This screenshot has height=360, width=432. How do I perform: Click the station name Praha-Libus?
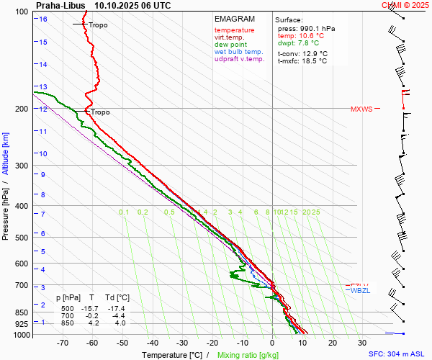click(x=60, y=5)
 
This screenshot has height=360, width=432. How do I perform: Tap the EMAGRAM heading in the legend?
click(x=235, y=19)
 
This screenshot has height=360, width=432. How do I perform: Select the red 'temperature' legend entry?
click(x=234, y=30)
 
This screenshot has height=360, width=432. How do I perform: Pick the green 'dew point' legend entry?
click(x=231, y=45)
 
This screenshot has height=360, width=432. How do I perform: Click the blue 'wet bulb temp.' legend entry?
click(x=239, y=52)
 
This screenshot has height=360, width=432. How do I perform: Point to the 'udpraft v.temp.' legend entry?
click(x=239, y=59)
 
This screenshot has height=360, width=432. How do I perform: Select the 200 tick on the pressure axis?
click(x=22, y=109)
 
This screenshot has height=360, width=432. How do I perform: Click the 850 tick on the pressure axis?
click(x=22, y=312)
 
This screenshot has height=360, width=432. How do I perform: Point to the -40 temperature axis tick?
click(x=152, y=343)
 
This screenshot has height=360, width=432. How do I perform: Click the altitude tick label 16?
click(x=43, y=19)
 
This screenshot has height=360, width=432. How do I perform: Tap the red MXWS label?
click(x=361, y=109)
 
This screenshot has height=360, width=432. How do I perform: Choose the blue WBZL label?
click(x=360, y=290)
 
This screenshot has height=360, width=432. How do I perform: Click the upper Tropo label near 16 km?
click(x=99, y=25)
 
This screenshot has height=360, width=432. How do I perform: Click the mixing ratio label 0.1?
click(x=124, y=212)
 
